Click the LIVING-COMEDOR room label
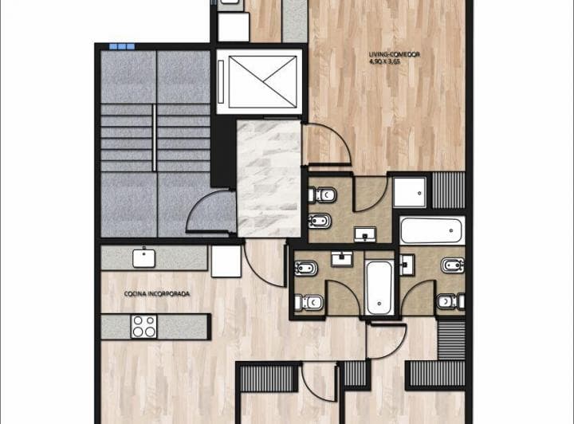click(x=395, y=54)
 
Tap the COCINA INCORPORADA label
click(x=157, y=293)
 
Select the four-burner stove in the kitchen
click(x=144, y=326)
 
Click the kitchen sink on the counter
click(x=143, y=257)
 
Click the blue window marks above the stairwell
click(x=122, y=46)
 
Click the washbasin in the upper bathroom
click(x=368, y=234)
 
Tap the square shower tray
click(x=411, y=191)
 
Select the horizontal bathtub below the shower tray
click(x=431, y=230)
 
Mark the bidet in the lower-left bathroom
click(x=307, y=268)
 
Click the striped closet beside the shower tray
click(x=447, y=190)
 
